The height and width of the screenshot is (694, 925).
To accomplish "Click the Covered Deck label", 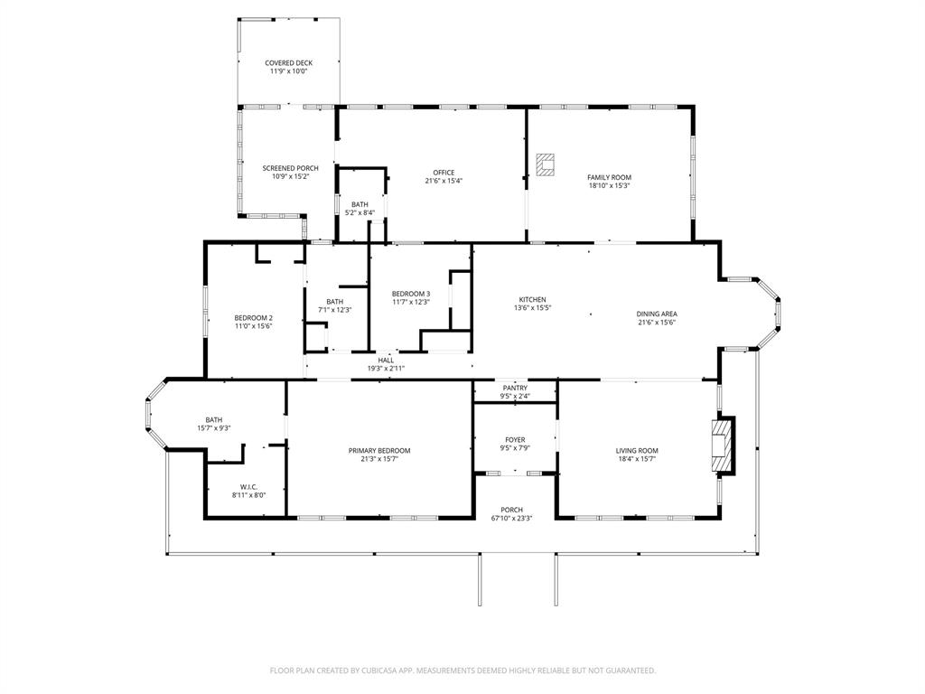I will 289,63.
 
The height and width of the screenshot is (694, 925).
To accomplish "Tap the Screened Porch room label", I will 290,168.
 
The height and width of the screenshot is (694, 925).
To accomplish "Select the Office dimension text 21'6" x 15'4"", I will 444,181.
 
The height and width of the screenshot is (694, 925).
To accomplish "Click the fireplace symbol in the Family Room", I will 546,164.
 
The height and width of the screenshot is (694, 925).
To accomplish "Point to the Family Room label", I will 609,177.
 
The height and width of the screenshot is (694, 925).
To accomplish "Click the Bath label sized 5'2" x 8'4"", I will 360,204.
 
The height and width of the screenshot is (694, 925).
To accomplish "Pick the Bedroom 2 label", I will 253,317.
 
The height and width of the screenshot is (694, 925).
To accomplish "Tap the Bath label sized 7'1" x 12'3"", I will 335,302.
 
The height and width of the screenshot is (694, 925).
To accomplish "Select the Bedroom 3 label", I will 410,294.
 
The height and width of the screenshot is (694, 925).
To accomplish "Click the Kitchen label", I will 532,299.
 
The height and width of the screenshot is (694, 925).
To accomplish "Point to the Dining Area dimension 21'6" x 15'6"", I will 657,323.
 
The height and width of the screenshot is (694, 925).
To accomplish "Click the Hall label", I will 386,360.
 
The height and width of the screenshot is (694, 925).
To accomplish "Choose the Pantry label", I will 515,387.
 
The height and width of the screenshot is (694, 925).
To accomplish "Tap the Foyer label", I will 515,440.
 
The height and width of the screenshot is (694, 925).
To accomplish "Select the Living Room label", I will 637,450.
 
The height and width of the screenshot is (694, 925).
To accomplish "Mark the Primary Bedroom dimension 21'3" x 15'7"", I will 379,459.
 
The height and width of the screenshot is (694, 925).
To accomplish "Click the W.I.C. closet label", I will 249,487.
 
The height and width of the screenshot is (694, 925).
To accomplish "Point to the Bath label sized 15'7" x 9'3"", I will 214,419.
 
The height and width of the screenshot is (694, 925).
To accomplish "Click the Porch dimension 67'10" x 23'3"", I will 512,519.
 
